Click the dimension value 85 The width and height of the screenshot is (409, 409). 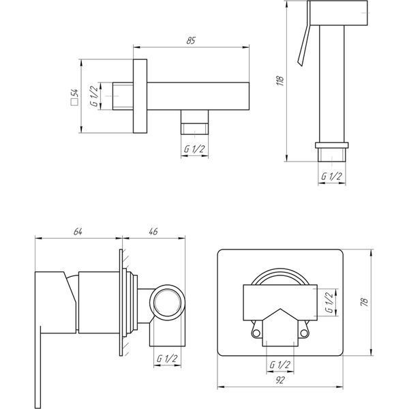[x=191, y=40]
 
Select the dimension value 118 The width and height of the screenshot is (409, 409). [x=280, y=81]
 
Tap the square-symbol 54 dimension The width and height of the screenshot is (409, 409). [x=74, y=97]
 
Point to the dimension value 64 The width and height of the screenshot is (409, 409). [x=78, y=231]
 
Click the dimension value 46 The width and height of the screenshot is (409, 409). [x=153, y=231]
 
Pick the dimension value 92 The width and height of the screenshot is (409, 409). [x=280, y=380]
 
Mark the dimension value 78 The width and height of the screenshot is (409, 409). [x=365, y=301]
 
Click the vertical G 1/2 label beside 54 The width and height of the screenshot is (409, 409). [x=94, y=95]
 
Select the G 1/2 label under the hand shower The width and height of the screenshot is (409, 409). [x=331, y=177]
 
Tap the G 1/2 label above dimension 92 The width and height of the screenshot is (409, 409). [x=280, y=365]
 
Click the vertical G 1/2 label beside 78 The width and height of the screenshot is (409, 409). [x=329, y=303]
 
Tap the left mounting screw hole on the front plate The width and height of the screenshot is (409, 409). [x=256, y=333]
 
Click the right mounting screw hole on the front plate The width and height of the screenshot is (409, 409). [x=304, y=333]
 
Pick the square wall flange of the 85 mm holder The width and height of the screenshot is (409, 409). [x=140, y=96]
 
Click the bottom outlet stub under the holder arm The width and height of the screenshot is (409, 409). [x=194, y=122]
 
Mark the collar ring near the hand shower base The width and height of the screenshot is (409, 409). [x=331, y=145]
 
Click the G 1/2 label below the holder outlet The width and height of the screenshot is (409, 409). [x=194, y=149]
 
